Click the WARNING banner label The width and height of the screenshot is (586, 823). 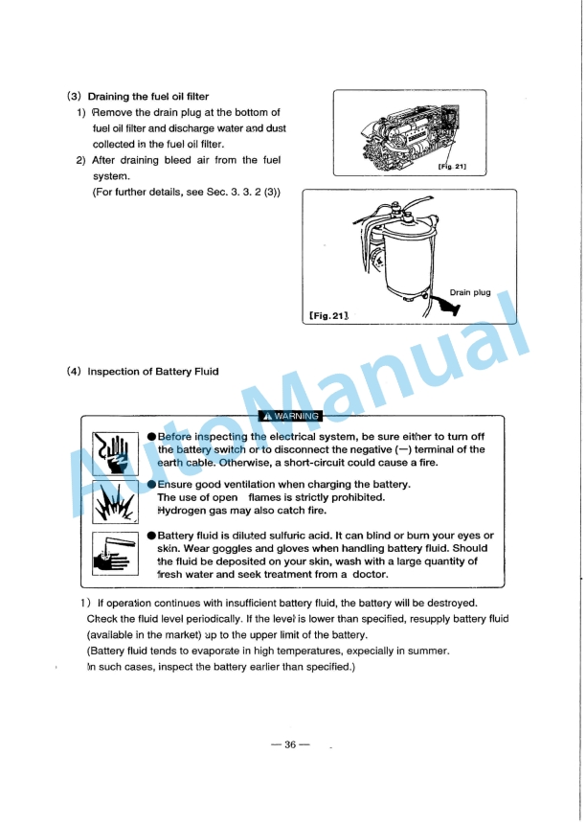click(292, 416)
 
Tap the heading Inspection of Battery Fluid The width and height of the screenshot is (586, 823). click(140, 371)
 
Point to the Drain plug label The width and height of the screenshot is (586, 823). click(469, 292)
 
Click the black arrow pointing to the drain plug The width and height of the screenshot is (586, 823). click(445, 307)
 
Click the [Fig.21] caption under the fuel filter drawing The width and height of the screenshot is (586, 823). click(328, 315)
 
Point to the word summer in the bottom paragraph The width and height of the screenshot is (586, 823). click(427, 652)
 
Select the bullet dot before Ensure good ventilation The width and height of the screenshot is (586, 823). click(151, 485)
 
